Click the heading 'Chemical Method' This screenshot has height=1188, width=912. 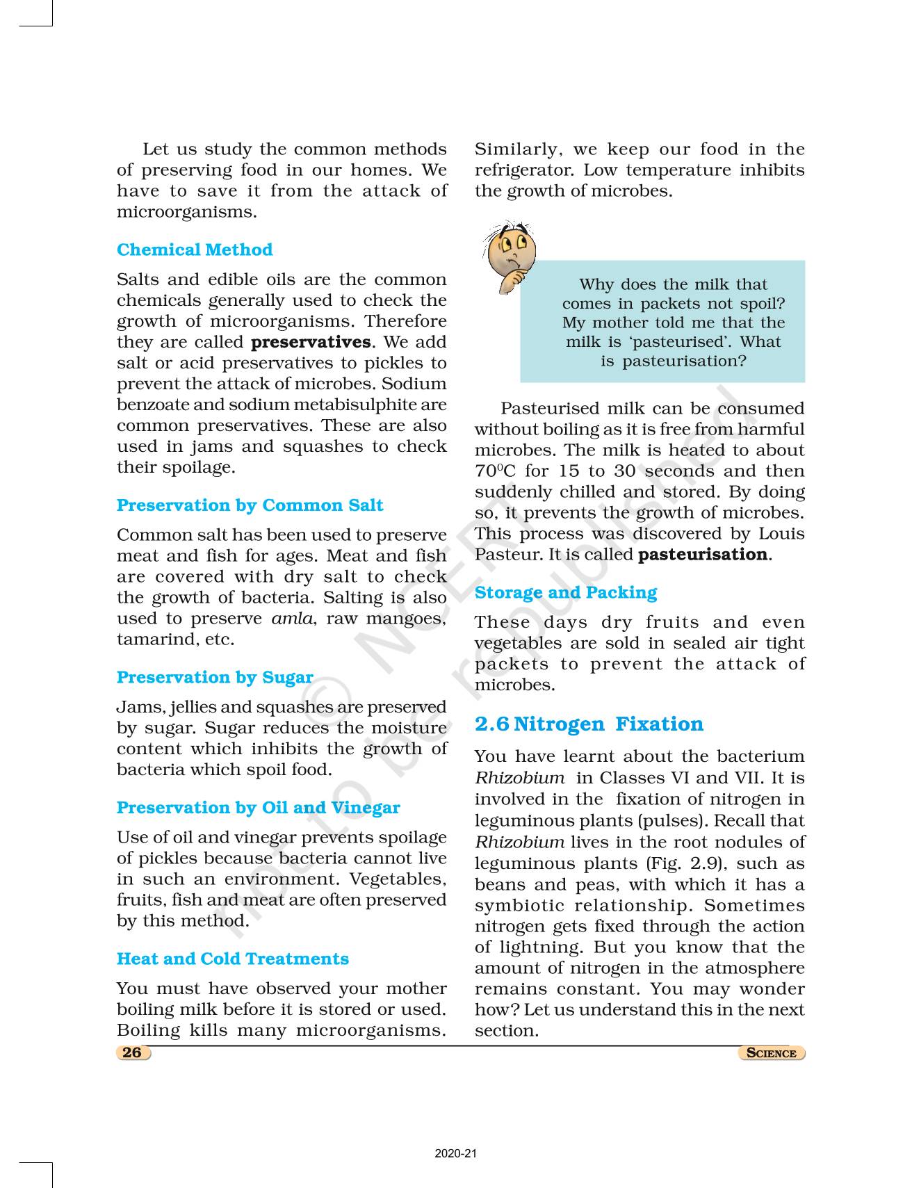point(195,250)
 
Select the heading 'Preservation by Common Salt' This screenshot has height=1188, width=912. point(250,505)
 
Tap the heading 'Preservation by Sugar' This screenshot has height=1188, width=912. point(215,677)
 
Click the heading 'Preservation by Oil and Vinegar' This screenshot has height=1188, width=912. point(258,808)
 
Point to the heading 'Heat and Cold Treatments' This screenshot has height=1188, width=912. point(232,959)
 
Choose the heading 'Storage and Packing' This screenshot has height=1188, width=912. point(565,592)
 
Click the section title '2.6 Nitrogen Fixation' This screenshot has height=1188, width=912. point(589,724)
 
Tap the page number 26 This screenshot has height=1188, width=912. point(132,1052)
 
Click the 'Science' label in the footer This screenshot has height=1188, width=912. point(771,1053)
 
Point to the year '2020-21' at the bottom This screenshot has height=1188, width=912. point(456,1154)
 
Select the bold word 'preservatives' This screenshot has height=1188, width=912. point(311,342)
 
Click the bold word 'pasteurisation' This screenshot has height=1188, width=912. point(703,555)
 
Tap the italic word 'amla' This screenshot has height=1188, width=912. point(292,619)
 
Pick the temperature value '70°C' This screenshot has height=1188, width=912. point(494,471)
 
